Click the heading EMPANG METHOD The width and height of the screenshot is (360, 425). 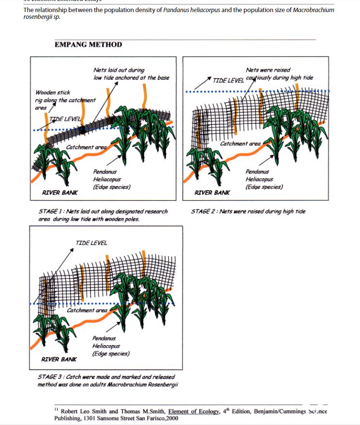point(88,45)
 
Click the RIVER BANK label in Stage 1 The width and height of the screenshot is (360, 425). point(60,193)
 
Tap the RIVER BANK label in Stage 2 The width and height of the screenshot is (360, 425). point(212,193)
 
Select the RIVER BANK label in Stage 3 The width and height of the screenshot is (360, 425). point(59,359)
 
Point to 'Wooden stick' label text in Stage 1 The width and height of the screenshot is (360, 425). point(53,92)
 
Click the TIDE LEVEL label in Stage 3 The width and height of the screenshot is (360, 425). point(91,243)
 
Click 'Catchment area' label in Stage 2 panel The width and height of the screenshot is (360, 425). point(240,144)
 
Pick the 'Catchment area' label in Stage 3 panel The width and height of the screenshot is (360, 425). point(87,310)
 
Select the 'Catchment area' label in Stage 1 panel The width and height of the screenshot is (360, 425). point(86,147)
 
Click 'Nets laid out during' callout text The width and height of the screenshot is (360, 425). point(119,70)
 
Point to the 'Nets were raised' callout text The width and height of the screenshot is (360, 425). point(268,70)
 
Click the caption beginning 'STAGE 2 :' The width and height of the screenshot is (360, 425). point(248,212)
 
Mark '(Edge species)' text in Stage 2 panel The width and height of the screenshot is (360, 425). point(264,187)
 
